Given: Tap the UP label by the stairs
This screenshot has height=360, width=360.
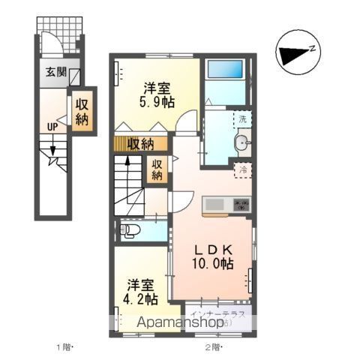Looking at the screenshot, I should tap(52, 127).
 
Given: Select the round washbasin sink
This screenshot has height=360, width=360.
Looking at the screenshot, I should tap(242, 144).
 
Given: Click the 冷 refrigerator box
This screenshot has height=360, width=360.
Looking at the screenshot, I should tap(241, 170).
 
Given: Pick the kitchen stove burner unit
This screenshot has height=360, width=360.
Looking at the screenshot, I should tap(240, 204).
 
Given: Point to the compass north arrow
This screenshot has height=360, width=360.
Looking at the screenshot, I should tap(295, 53).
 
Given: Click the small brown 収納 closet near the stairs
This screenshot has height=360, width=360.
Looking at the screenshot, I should tap(157, 169).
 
